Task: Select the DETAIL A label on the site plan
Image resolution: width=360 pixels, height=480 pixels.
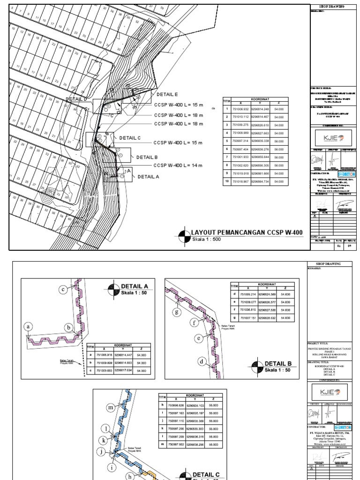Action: pos(149,177)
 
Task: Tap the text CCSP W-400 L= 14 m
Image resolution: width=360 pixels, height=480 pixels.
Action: pos(178,165)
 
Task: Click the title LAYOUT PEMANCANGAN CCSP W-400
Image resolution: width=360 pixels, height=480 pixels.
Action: pos(247,232)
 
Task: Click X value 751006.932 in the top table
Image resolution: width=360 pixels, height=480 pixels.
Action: pos(240,109)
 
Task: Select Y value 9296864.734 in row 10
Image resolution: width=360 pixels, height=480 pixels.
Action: pos(260,181)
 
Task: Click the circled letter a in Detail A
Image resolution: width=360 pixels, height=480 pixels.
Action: pos(29,326)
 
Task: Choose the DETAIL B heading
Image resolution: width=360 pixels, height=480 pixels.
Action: pos(278,363)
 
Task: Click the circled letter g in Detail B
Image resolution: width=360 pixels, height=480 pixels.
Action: pos(177,311)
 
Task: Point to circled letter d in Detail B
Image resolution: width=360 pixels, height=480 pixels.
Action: pos(202,361)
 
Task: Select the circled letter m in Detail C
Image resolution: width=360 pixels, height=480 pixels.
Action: pos(111,408)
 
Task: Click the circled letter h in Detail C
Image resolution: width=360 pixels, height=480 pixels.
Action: pos(131,476)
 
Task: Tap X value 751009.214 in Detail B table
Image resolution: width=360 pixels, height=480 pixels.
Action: pos(248,294)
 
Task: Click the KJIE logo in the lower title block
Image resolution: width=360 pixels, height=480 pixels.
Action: pos(330,391)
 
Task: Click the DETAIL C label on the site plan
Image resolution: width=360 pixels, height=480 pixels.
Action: pos(130,138)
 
